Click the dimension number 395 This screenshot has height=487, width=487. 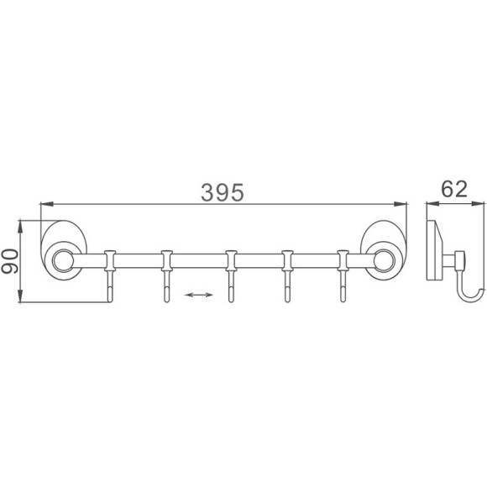click(223, 192)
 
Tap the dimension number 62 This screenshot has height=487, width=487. click(454, 189)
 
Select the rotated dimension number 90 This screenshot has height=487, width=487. click(9, 261)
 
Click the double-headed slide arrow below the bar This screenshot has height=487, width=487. click(198, 295)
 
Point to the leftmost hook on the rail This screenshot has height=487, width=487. click(110, 276)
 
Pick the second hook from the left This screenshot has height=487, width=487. click(167, 276)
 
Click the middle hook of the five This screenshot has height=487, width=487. click(231, 276)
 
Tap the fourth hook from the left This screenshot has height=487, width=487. click(287, 276)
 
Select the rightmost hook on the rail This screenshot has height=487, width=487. click(343, 276)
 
